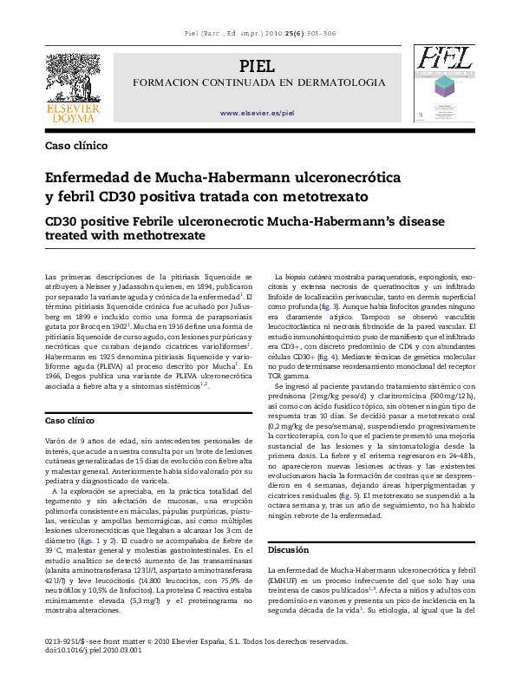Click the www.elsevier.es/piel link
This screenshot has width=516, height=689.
pyautogui.click(x=258, y=114)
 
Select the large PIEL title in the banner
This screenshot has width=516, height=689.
pyautogui.click(x=258, y=67)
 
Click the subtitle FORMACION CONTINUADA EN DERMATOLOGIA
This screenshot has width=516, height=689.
pyautogui.click(x=258, y=82)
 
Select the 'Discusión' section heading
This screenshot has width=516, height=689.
pyautogui.click(x=288, y=550)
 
